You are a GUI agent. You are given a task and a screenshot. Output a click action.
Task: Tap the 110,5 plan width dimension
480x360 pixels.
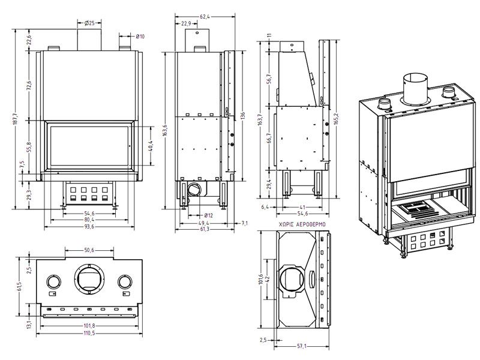88,332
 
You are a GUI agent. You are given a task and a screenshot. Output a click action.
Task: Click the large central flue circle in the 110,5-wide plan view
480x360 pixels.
88,279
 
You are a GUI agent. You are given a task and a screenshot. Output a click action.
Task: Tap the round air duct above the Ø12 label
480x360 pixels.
195,190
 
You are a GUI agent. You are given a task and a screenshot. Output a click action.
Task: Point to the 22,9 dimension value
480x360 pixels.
186,24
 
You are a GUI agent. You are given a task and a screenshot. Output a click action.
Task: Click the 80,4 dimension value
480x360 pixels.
88,219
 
